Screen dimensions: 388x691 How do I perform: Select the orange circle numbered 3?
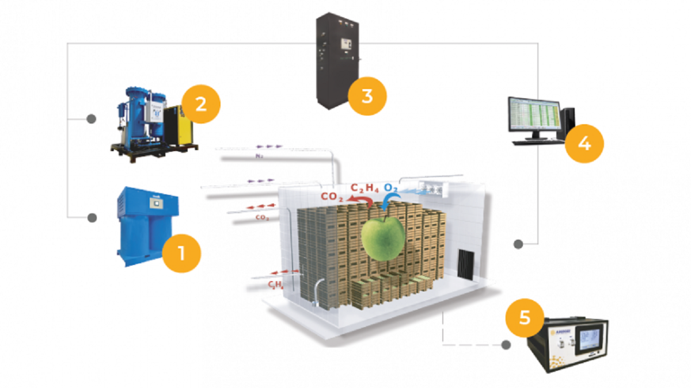click(367, 95)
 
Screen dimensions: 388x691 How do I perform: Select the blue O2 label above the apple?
click(392, 189)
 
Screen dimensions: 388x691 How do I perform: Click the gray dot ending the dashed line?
click(506, 345)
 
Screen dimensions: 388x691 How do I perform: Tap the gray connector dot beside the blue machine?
click(91, 218)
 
